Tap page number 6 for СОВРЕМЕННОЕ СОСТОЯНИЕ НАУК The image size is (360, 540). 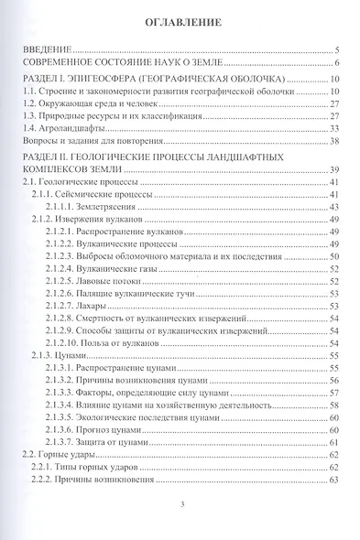pos(337,63)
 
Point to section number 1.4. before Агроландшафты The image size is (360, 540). pos(30,130)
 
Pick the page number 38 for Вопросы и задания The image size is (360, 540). pos(334,143)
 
